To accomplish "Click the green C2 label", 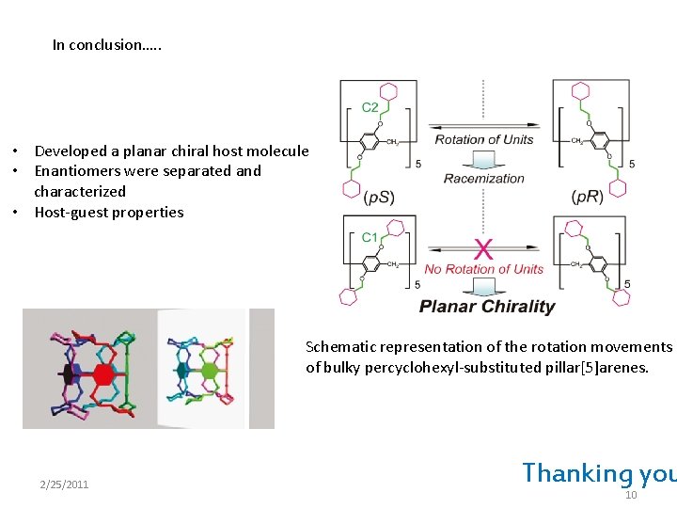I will [370, 108].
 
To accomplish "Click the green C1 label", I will [370, 238].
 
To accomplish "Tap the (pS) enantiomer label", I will [380, 197].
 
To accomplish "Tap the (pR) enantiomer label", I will [588, 197].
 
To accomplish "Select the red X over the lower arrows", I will [484, 249].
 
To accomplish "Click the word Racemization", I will [483, 178].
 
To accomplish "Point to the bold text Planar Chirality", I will [487, 306].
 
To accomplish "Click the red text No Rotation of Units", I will [483, 269].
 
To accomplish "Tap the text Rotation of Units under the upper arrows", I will [483, 140].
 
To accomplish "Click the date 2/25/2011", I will [64, 484].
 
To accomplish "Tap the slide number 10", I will [631, 495].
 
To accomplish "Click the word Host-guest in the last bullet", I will [72, 212].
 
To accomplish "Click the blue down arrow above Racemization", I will [483, 160].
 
